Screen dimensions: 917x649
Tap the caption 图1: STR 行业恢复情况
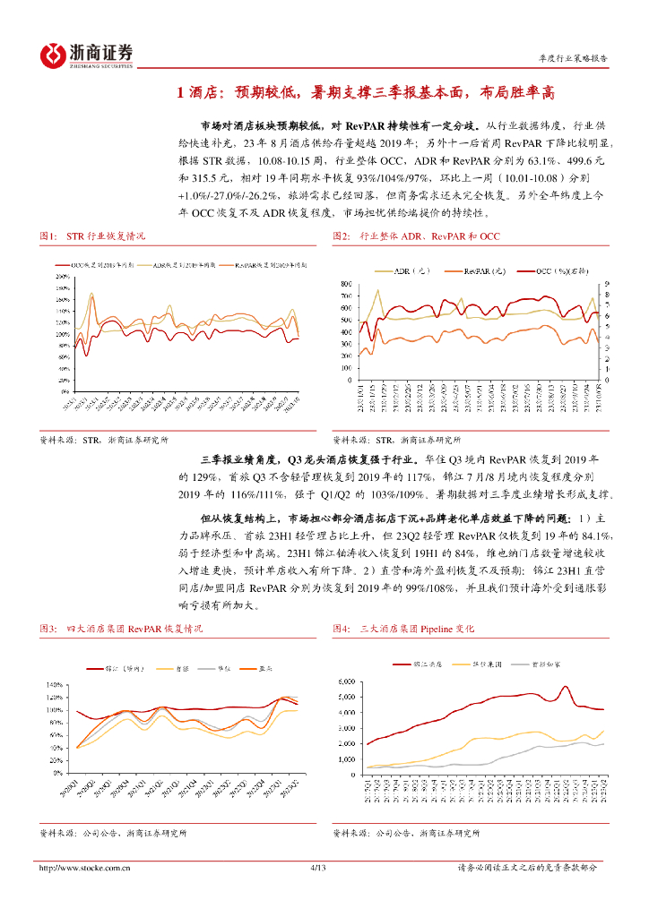tap(92, 236)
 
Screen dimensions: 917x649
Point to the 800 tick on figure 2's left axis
tap(346, 284)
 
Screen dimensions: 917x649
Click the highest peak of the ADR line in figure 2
tap(377, 289)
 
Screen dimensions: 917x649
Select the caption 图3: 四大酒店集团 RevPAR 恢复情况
tap(121, 630)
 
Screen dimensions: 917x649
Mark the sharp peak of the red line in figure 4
tap(567, 687)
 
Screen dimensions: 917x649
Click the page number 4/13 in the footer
tap(315, 867)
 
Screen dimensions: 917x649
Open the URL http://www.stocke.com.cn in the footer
tap(85, 867)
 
